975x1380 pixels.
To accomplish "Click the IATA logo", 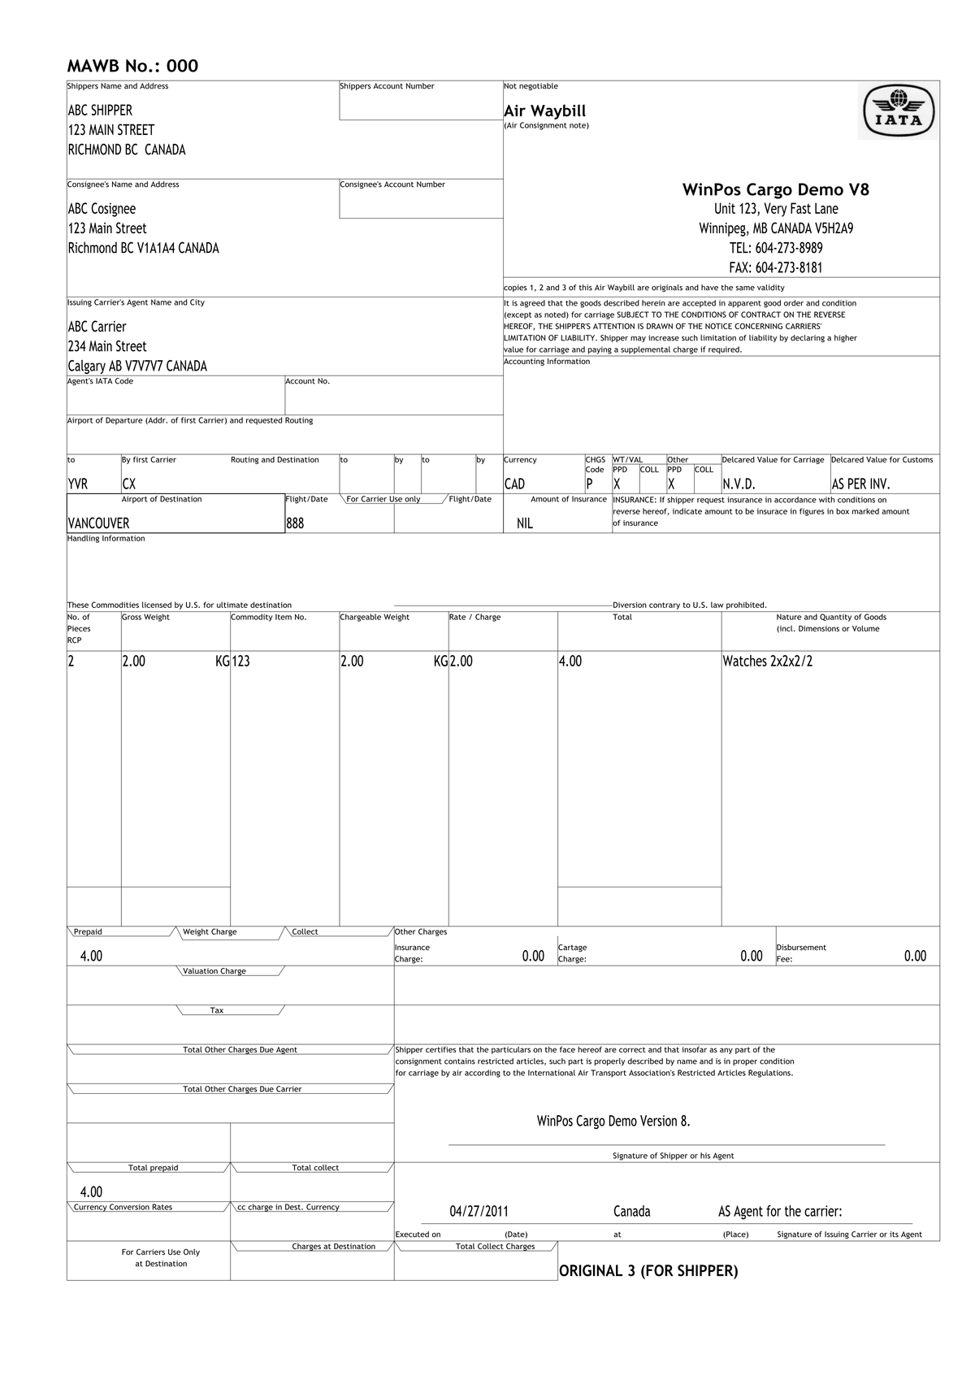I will click(x=898, y=111).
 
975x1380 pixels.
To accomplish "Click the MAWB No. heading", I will click(x=132, y=67).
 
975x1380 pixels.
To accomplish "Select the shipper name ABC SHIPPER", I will click(x=100, y=111).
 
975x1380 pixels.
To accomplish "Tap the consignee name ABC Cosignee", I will click(x=102, y=209).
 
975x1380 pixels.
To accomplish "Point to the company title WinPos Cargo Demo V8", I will click(x=775, y=190).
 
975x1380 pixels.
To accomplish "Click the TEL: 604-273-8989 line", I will click(x=775, y=248).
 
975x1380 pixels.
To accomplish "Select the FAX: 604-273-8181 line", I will click(x=775, y=267).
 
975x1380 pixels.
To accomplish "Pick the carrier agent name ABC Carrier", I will click(x=97, y=327).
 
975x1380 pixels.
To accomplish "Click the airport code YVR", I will click(x=78, y=484).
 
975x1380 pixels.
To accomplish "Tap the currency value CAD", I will click(x=514, y=484).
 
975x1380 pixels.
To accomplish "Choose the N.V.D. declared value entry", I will click(x=739, y=484).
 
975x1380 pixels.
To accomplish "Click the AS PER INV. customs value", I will click(x=860, y=484).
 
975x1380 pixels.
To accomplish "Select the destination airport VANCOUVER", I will click(x=98, y=523).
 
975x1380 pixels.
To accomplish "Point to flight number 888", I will click(x=295, y=523).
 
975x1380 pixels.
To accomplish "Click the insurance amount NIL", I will click(x=525, y=523).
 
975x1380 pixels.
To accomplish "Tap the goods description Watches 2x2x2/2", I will click(x=767, y=662).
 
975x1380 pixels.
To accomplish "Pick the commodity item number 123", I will click(x=241, y=662).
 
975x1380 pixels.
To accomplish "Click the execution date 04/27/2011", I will click(x=479, y=1212).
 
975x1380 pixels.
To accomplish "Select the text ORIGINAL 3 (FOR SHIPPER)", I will click(x=648, y=1271).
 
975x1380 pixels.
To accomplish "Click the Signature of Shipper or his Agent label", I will click(x=673, y=1156).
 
